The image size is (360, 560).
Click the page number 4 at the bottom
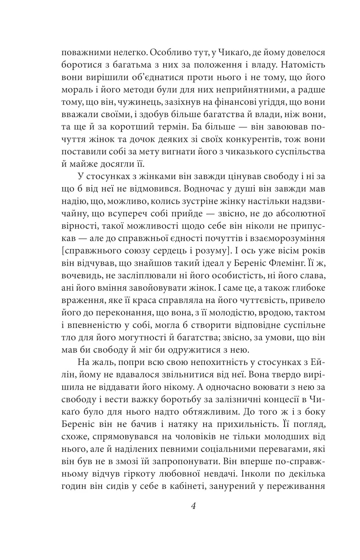(x=193, y=507)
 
